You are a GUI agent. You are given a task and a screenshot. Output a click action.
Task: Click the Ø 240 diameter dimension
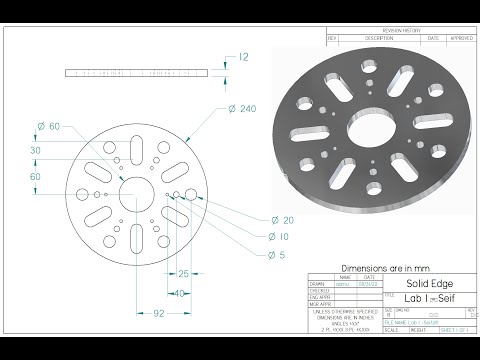pyautogui.click(x=243, y=109)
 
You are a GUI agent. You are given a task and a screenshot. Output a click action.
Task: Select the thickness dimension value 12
pyautogui.click(x=244, y=58)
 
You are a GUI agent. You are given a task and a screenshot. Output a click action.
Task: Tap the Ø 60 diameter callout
pyautogui.click(x=48, y=126)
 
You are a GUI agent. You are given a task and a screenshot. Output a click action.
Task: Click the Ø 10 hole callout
pyautogui.click(x=282, y=237)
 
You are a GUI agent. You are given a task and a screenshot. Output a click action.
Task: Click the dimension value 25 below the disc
pyautogui.click(x=184, y=272)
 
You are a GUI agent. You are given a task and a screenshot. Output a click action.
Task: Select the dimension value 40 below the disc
pyautogui.click(x=177, y=293)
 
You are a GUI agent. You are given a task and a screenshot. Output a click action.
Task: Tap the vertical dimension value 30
pyautogui.click(x=35, y=150)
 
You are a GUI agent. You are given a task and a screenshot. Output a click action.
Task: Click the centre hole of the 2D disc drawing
pyautogui.click(x=133, y=190)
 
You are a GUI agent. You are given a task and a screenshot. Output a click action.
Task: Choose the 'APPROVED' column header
pyautogui.click(x=460, y=38)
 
